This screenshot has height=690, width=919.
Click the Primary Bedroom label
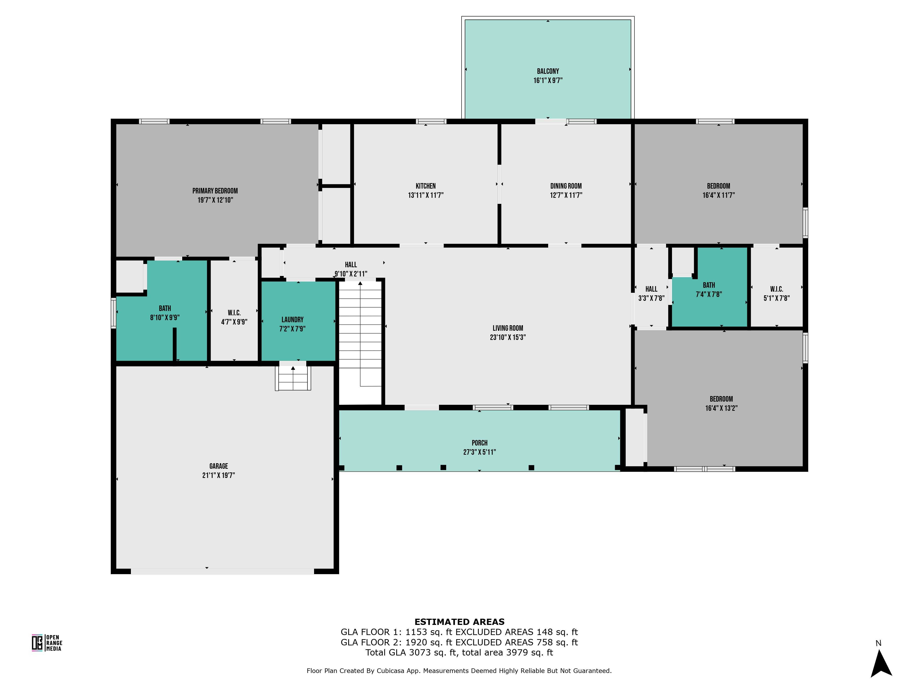point(215,191)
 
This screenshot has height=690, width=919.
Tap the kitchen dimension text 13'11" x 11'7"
point(425,195)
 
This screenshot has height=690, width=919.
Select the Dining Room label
point(566,186)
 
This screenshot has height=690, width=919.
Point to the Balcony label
point(547,71)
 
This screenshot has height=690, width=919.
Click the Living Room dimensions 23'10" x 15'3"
point(508,337)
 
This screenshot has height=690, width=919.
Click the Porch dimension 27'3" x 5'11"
point(479,452)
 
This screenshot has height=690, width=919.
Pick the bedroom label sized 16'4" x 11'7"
point(718,186)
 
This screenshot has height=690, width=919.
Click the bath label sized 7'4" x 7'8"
point(709,285)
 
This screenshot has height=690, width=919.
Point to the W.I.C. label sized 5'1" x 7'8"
point(776,289)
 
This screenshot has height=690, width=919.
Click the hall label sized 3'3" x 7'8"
point(651,289)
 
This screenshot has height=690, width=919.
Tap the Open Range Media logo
point(47,643)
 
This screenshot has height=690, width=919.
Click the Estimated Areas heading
point(459,622)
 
